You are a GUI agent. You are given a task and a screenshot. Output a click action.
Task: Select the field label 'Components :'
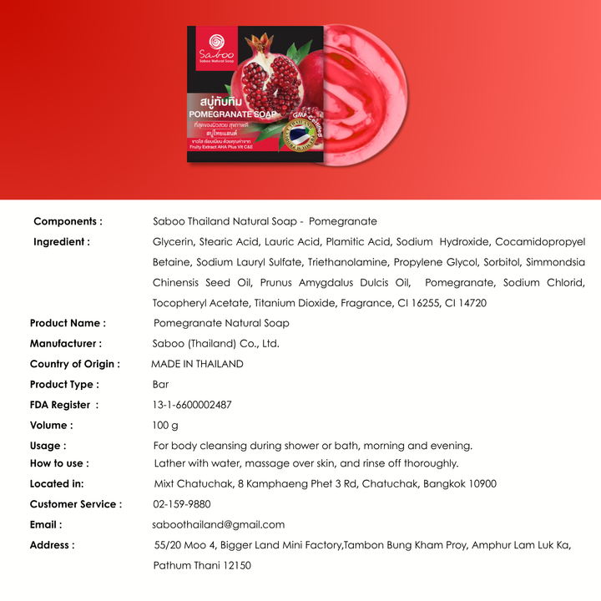(68, 221)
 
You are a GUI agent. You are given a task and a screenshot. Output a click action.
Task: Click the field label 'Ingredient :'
(62, 242)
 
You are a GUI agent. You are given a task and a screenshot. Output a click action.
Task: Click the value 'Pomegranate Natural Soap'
(221, 323)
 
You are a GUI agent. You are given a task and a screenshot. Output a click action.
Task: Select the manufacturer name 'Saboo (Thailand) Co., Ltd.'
(216, 343)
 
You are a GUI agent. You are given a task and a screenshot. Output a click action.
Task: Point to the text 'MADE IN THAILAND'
(197, 364)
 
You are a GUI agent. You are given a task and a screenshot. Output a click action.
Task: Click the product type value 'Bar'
(160, 384)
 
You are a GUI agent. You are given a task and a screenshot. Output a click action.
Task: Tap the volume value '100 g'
(154, 425)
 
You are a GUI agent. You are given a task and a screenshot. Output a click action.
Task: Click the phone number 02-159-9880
(182, 504)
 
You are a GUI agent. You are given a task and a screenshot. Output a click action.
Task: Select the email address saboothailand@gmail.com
(219, 524)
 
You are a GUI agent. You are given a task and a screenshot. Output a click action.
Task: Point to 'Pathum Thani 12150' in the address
(202, 565)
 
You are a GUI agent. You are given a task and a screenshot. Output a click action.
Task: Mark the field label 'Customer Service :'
(75, 504)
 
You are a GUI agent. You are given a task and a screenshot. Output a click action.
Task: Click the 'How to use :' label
(58, 463)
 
